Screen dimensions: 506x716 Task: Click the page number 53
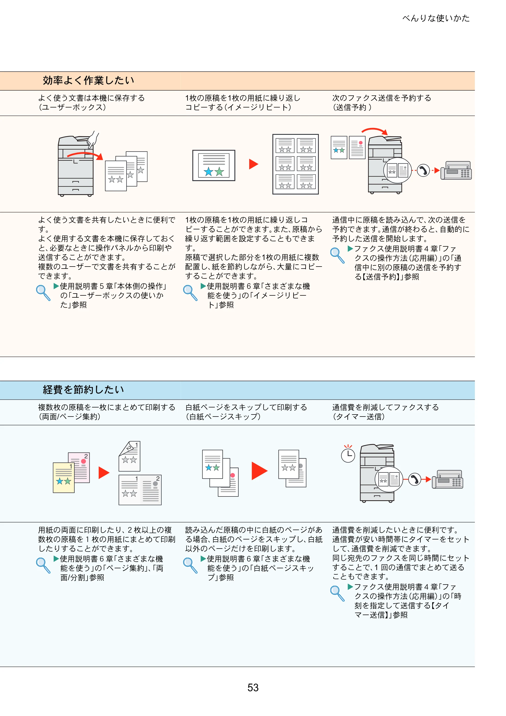(253, 687)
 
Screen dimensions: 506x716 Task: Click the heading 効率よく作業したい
(89, 80)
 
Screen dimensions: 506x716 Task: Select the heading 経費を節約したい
(83, 389)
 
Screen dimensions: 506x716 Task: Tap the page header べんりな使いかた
(436, 18)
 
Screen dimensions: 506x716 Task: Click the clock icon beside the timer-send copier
(348, 454)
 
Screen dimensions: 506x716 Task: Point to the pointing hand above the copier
(92, 139)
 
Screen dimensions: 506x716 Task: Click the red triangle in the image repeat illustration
(253, 164)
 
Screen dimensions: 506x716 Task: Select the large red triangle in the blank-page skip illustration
(259, 471)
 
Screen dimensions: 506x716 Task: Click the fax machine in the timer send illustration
(447, 479)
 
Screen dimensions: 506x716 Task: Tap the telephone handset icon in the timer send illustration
(415, 479)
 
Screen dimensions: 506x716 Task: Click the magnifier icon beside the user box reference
(43, 293)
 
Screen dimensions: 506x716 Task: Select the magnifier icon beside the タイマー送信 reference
(337, 593)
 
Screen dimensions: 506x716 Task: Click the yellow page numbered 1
(64, 478)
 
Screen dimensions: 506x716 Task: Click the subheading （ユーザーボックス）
(72, 107)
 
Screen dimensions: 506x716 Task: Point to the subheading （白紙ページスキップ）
(223, 417)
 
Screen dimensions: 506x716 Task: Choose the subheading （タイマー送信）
(359, 417)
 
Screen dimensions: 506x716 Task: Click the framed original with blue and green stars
(214, 165)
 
